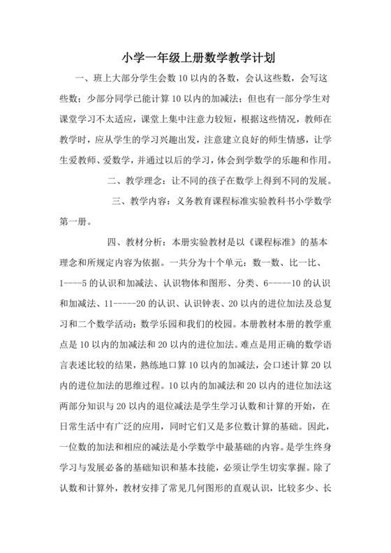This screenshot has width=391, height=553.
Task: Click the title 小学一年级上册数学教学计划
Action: coord(195,59)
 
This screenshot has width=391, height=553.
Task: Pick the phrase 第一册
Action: coord(74,221)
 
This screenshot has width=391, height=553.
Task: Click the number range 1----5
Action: coord(78,283)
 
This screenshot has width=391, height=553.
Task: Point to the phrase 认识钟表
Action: coord(191,304)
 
